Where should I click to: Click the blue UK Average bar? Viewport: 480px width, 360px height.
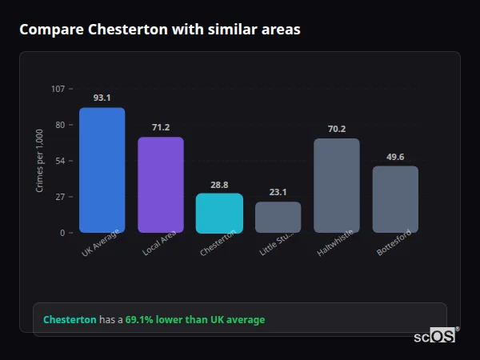tap(102, 170)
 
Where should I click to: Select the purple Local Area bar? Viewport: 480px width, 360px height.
tap(161, 185)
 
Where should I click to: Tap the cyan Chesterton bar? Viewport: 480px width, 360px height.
tap(219, 213)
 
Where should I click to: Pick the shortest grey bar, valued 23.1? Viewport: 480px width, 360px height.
tap(278, 217)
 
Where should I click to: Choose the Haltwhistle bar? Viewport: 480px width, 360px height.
tap(337, 186)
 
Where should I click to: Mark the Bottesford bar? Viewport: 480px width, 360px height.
tap(395, 199)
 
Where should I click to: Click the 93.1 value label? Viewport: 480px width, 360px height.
tap(102, 98)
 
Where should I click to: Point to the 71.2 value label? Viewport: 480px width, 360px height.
tap(161, 127)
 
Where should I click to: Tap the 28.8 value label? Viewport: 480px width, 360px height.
tap(219, 184)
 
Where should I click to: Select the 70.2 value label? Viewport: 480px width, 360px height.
tap(337, 129)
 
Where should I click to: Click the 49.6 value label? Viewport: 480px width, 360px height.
tap(395, 157)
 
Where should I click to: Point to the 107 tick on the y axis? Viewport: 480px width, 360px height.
tap(58, 89)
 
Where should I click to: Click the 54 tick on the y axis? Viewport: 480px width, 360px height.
tap(60, 161)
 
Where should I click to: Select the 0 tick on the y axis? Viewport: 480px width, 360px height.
tap(62, 233)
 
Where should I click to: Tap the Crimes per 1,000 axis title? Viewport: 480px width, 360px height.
tap(40, 161)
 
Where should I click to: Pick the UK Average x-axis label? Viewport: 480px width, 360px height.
tap(100, 242)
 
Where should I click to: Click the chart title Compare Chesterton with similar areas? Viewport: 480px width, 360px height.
tap(160, 30)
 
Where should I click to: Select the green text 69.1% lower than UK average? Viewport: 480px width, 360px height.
tap(194, 320)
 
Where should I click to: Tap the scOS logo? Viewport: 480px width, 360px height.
tap(434, 336)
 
